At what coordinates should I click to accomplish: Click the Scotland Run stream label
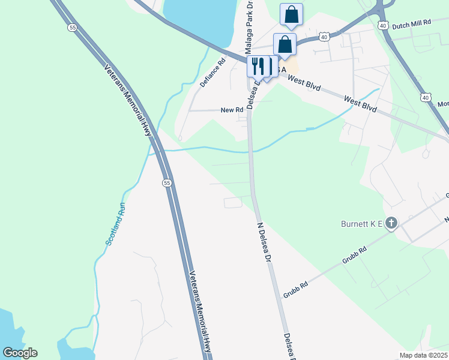point(116,224)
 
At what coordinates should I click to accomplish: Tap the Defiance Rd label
point(212,73)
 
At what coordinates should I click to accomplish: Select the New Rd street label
point(232,110)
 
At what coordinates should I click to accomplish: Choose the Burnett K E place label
point(360,224)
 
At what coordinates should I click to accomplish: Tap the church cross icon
point(391,224)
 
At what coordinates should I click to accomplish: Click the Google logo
point(20,353)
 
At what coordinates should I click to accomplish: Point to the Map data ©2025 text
point(424,355)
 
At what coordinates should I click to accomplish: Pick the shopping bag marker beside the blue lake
point(291,14)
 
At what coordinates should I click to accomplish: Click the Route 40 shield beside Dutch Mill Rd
point(383,25)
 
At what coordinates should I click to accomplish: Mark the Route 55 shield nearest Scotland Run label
point(167,182)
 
